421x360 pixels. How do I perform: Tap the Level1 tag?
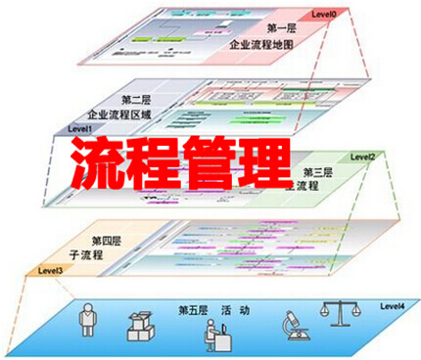point(80,128)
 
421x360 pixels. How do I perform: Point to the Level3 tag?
point(51,270)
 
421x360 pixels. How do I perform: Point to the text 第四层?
point(108,241)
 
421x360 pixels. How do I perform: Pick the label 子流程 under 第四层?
point(105,255)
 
